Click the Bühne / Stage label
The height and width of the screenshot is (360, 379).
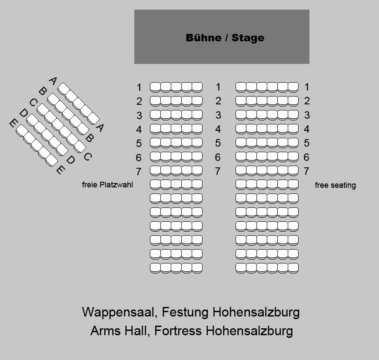pyautogui.click(x=225, y=38)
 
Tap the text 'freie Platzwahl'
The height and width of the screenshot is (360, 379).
pyautogui.click(x=107, y=185)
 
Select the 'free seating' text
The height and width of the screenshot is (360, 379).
pyautogui.click(x=335, y=185)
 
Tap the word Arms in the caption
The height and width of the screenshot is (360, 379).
pyautogui.click(x=104, y=331)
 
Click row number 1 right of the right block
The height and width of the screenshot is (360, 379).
pyautogui.click(x=306, y=87)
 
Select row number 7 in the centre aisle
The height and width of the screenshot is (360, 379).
pyautogui.click(x=218, y=171)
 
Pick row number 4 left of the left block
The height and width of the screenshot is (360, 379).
pyautogui.click(x=139, y=130)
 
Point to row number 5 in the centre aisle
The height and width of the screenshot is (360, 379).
pyautogui.click(x=218, y=143)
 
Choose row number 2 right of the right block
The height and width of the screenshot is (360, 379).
pyautogui.click(x=306, y=101)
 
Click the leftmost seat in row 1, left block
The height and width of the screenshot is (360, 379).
pyautogui.click(x=155, y=87)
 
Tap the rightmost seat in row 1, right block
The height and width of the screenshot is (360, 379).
pyautogui.click(x=293, y=87)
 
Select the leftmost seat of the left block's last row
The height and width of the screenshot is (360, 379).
pyautogui.click(x=155, y=268)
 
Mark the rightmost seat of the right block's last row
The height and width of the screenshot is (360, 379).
pyautogui.click(x=293, y=268)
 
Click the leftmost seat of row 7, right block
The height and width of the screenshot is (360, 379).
pyautogui.click(x=241, y=171)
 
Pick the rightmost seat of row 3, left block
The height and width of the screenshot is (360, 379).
pyautogui.click(x=197, y=115)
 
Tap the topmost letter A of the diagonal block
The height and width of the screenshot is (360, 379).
pyautogui.click(x=53, y=81)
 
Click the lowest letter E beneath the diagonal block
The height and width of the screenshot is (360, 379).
pyautogui.click(x=60, y=170)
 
